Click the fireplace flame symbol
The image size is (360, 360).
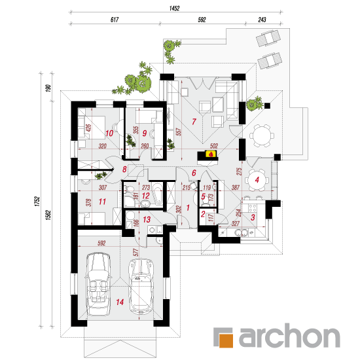coord(211,154)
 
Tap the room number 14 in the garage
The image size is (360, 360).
coord(120,302)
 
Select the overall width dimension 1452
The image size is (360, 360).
coord(174,9)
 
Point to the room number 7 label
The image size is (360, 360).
coord(194,122)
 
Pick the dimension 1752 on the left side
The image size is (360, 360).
coord(37,201)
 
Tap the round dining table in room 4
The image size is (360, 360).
coord(257,180)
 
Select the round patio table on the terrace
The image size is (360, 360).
coord(262,135)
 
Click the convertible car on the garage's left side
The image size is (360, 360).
coord(98,284)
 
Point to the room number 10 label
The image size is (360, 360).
coord(109,133)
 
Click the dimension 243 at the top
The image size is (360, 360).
coord(262,20)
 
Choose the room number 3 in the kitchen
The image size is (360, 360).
coord(253,217)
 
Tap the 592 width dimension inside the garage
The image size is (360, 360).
coord(101,243)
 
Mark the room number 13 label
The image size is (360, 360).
coord(147,219)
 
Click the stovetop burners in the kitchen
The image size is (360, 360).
coord(253,208)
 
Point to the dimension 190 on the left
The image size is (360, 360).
coord(48,88)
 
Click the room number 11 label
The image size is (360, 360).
coord(102,202)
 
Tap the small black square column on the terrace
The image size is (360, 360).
coord(267,105)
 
